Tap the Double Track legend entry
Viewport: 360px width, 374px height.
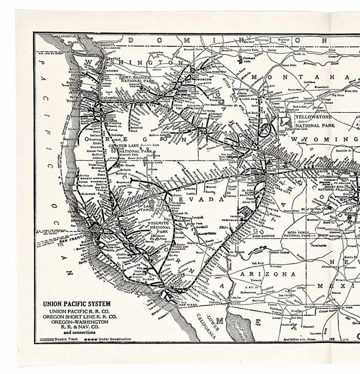(x=56, y=340)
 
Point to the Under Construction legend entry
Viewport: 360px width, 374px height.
(x=111, y=340)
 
